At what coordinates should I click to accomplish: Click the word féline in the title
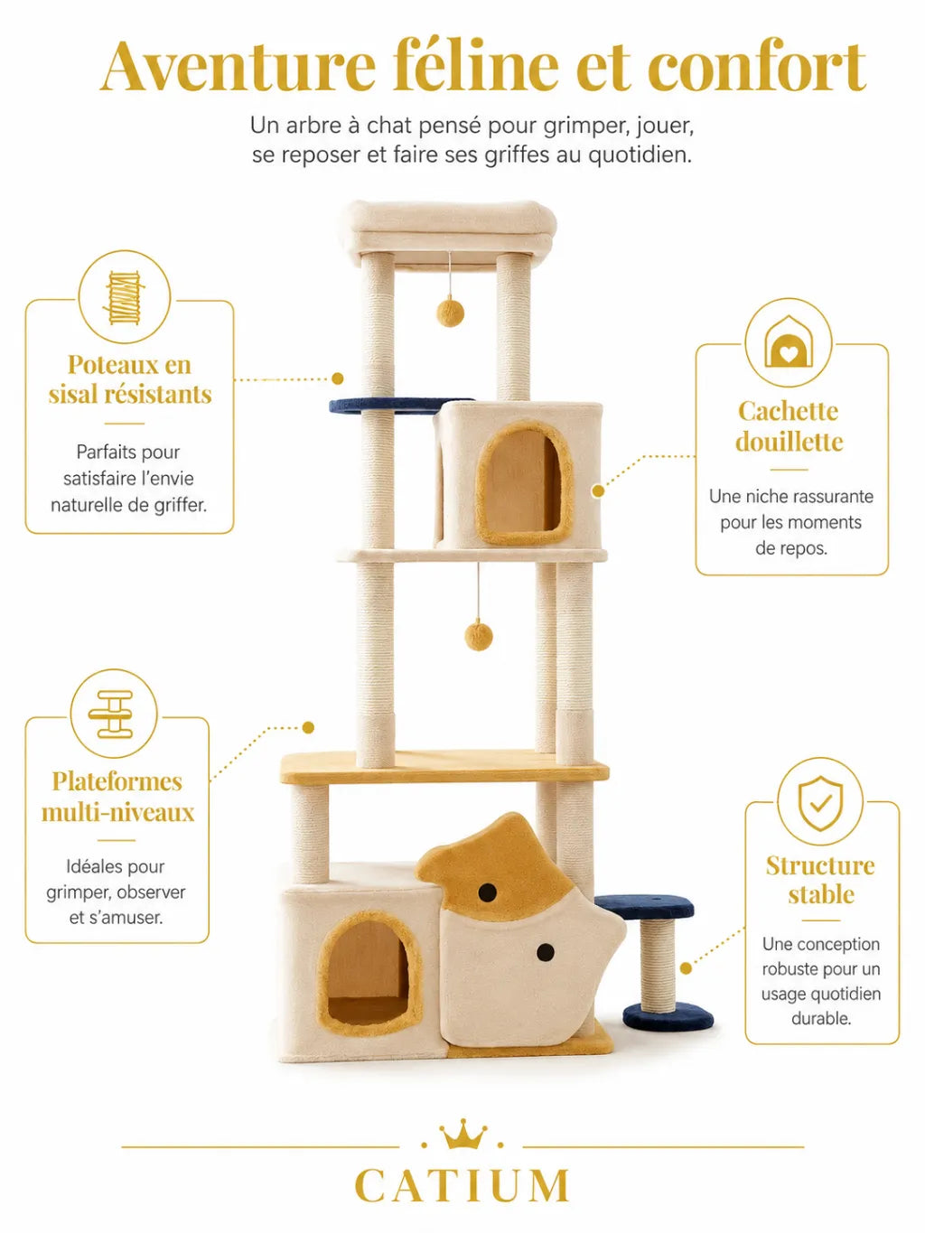(476, 65)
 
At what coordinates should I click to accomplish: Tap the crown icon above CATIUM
(462, 1135)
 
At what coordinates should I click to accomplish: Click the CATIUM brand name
(462, 1185)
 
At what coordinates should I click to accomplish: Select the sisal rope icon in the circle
(124, 297)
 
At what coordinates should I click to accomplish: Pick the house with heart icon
(788, 342)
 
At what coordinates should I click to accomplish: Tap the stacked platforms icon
(110, 714)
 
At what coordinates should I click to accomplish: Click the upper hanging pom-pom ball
(450, 313)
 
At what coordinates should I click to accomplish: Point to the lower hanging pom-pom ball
(479, 636)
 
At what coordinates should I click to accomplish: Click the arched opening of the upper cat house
(523, 482)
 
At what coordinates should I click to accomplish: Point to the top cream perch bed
(451, 231)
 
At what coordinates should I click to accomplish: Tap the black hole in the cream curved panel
(545, 951)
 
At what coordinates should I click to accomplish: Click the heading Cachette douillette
(790, 425)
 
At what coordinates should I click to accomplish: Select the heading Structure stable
(820, 880)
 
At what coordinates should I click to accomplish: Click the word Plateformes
(117, 781)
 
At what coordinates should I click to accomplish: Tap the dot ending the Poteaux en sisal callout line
(338, 378)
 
